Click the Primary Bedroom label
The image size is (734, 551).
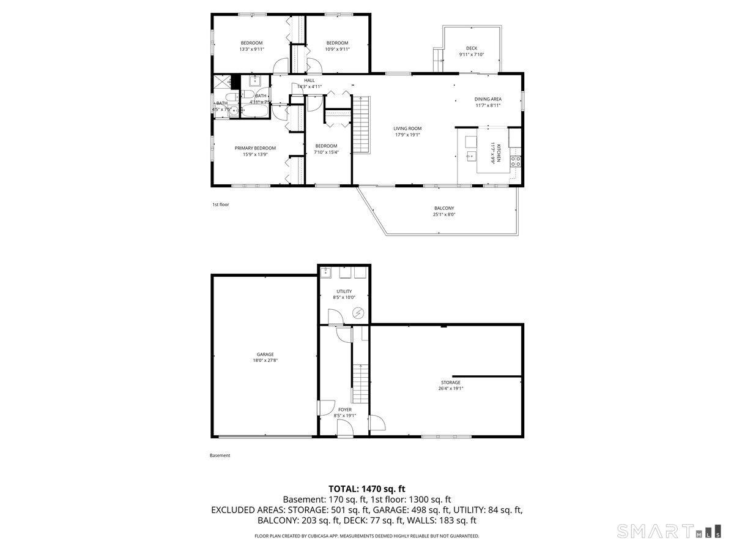pyautogui.click(x=255, y=148)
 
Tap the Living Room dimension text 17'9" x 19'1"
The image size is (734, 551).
pyautogui.click(x=407, y=135)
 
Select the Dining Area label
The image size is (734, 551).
pyautogui.click(x=487, y=99)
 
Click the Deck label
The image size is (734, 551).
pyautogui.click(x=471, y=48)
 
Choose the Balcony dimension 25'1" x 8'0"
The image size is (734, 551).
pyautogui.click(x=444, y=214)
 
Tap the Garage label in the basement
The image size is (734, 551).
pyautogui.click(x=265, y=354)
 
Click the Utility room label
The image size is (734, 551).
pyautogui.click(x=344, y=291)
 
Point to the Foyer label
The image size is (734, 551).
pyautogui.click(x=345, y=410)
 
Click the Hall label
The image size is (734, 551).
pyautogui.click(x=310, y=80)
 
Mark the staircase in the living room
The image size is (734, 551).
pyautogui.click(x=363, y=126)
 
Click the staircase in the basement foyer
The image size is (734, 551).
pyautogui.click(x=361, y=383)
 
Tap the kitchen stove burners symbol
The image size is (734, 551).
pyautogui.click(x=516, y=162)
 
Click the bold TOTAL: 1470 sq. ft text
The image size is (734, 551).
pyautogui.click(x=367, y=489)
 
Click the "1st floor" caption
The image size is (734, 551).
pyautogui.click(x=220, y=204)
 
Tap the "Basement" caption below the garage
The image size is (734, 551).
pyautogui.click(x=220, y=455)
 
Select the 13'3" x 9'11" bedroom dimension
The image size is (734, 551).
pyautogui.click(x=251, y=49)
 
